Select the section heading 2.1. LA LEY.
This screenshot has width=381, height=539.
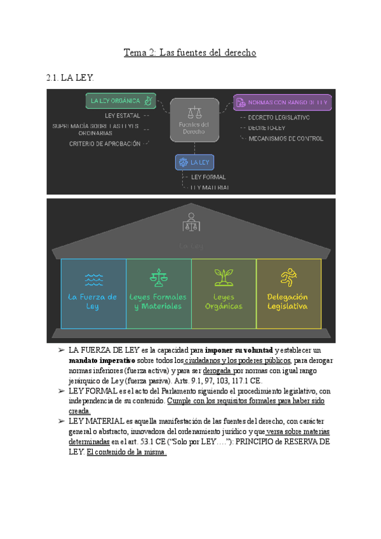[70, 78]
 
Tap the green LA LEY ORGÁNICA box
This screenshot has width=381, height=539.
[121, 100]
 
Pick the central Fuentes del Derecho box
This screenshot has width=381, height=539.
[194, 119]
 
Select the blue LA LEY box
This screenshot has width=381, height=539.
[194, 162]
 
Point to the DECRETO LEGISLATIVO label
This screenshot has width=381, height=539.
[279, 118]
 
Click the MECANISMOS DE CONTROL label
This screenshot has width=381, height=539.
[286, 138]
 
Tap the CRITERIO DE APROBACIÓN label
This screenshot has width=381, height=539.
[105, 144]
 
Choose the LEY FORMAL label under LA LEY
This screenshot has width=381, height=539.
[208, 177]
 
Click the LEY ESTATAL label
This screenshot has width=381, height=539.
[122, 116]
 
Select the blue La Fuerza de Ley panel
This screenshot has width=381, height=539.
[93, 293]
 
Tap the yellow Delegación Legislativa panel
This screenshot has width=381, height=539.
[288, 293]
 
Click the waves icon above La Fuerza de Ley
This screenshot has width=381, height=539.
[93, 279]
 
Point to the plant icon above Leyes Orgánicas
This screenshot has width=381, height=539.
[223, 276]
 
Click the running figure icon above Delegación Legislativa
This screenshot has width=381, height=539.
[288, 276]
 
